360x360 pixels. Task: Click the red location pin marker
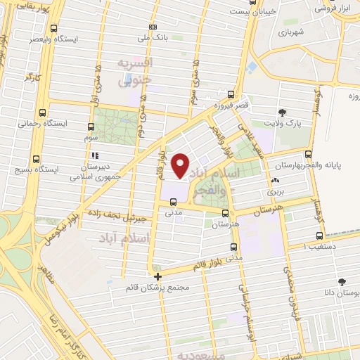tap(180, 165)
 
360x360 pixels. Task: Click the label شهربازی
tap(290, 32)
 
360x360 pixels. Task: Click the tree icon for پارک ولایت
tap(283, 112)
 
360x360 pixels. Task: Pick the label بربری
tap(274, 191)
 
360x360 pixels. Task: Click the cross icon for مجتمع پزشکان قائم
tap(157, 276)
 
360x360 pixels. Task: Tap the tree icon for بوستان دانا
tap(342, 281)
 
